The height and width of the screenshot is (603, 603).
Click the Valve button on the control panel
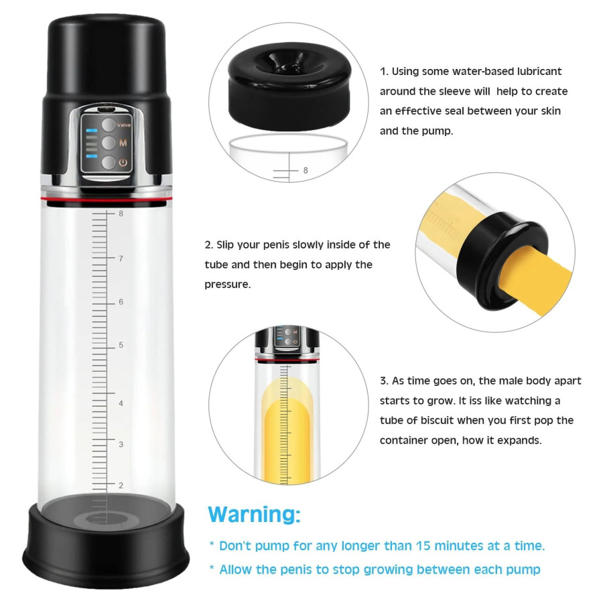pyautogui.click(x=109, y=125)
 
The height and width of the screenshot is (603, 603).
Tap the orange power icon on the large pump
pyautogui.click(x=123, y=162)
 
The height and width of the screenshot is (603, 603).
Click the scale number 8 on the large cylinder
pyautogui.click(x=121, y=214)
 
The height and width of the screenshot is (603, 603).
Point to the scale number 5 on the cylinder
pyautogui.click(x=121, y=345)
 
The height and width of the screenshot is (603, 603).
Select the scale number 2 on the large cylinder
pyautogui.click(x=121, y=485)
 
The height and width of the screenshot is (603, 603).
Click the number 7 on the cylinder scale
pyautogui.click(x=121, y=259)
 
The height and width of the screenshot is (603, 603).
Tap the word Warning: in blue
pyautogui.click(x=254, y=514)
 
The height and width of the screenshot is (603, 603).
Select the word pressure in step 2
pyautogui.click(x=227, y=285)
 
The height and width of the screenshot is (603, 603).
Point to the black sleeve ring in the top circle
pyautogui.click(x=289, y=85)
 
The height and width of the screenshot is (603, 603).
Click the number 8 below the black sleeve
pyautogui.click(x=306, y=170)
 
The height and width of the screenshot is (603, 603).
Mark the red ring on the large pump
pyautogui.click(x=107, y=199)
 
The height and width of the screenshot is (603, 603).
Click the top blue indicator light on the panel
pyautogui.click(x=92, y=131)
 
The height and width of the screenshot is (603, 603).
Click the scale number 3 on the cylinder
pyautogui.click(x=121, y=444)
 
